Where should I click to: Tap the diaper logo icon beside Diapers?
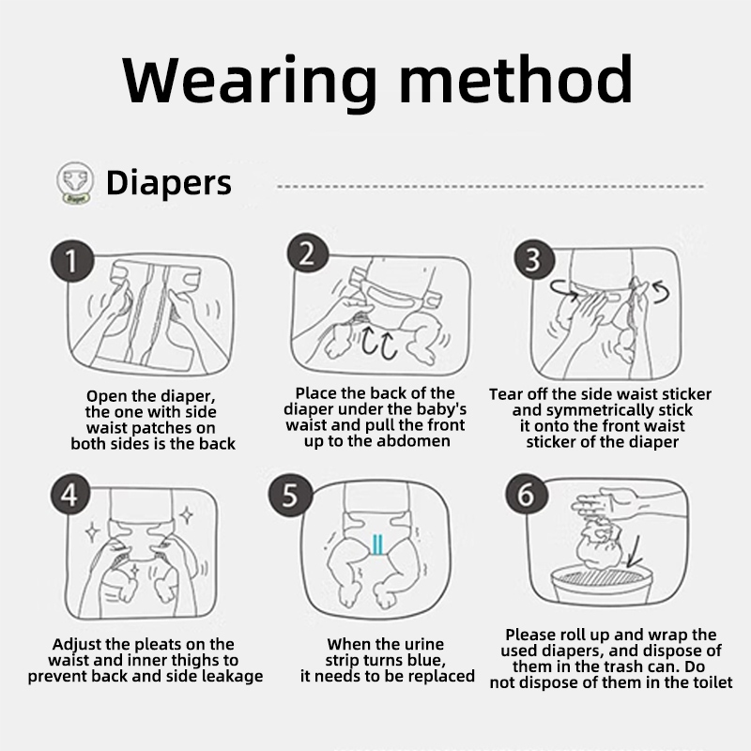point(75,182)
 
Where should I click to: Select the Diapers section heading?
point(169,183)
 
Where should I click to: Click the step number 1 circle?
point(71,261)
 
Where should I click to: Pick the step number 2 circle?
point(308,253)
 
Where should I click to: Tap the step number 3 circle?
point(534,259)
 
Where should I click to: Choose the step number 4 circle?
point(70,494)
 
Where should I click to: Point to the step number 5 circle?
point(290,495)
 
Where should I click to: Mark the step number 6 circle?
point(527,494)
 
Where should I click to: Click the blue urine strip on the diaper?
point(378,545)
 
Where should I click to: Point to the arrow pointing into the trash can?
point(636,552)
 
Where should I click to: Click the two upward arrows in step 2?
point(379,343)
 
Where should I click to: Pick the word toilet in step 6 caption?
point(712,682)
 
